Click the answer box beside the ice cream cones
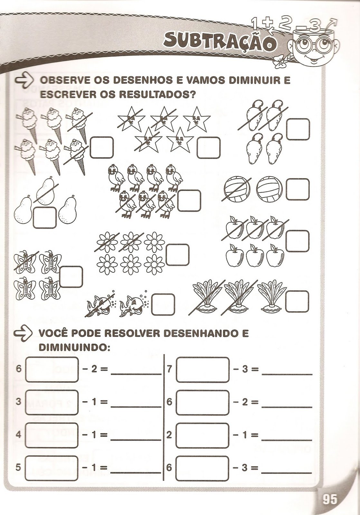tap(101, 148)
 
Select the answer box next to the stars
tap(209, 148)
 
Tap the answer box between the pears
tap(45, 218)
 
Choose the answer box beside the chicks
tap(189, 201)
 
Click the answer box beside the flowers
tap(177, 255)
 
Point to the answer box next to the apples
tap(298, 241)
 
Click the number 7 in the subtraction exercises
tap(169, 369)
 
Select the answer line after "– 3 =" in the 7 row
tap(287, 375)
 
